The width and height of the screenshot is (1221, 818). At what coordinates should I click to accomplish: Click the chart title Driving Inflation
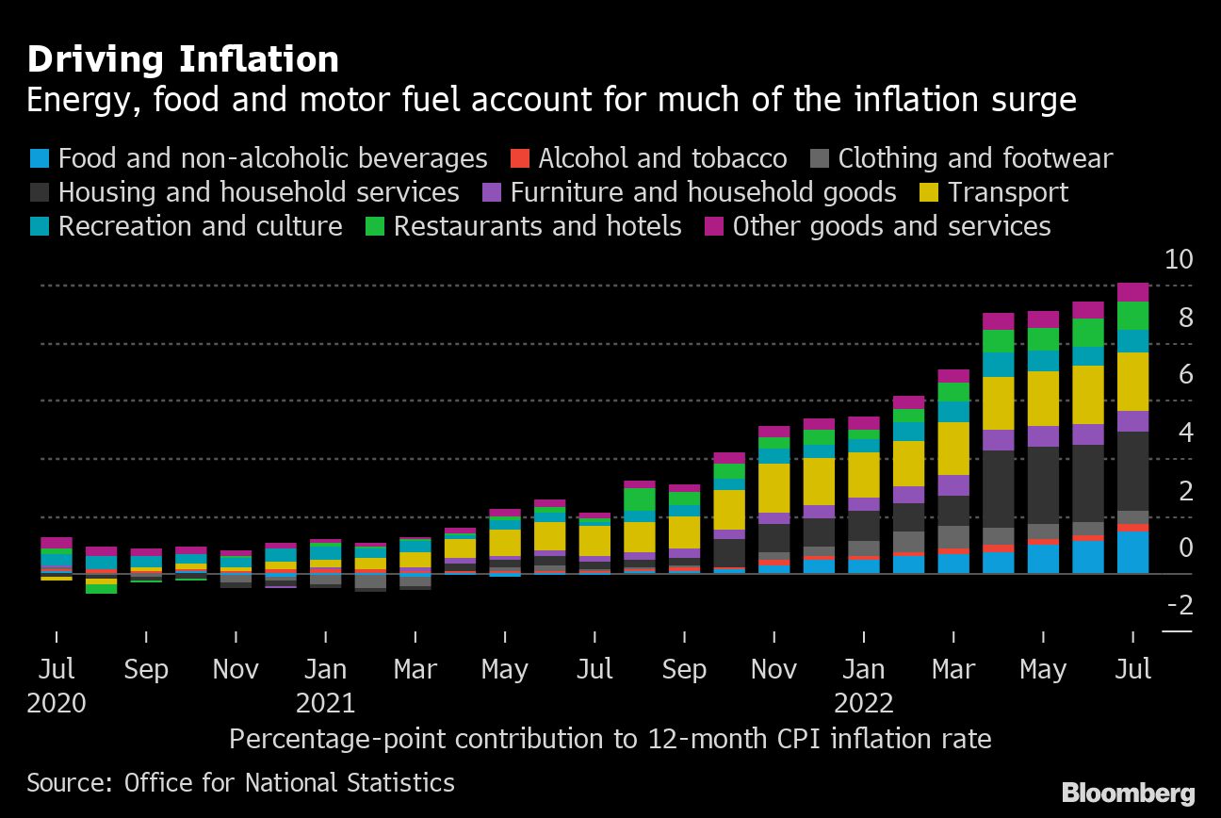(x=183, y=59)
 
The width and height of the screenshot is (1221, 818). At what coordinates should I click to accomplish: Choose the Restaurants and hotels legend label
(x=537, y=226)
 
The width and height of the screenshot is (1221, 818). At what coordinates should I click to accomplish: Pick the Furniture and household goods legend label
(x=703, y=192)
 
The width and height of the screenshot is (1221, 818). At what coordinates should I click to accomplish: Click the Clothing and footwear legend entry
(x=975, y=158)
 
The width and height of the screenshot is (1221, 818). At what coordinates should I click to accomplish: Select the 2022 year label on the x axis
(x=864, y=703)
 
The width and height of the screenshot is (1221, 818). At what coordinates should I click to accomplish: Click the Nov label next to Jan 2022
(x=773, y=669)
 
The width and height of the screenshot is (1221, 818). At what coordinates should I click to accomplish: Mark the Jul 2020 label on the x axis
(x=56, y=669)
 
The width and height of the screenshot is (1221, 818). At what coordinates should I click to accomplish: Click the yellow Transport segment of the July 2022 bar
(x=1132, y=382)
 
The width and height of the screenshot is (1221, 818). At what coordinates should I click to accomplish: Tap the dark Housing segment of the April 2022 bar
(x=998, y=488)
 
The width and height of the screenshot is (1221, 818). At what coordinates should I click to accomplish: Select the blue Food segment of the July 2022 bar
(x=1132, y=552)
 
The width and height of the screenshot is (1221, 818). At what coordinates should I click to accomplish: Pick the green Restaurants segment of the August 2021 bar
(x=640, y=499)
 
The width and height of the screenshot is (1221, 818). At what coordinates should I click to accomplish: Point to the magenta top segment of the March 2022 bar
(x=953, y=376)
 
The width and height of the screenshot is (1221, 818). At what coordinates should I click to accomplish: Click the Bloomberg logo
(x=1128, y=793)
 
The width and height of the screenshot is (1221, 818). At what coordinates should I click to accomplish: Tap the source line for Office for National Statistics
(x=240, y=782)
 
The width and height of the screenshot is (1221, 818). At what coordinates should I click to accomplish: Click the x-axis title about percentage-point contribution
(x=610, y=738)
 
